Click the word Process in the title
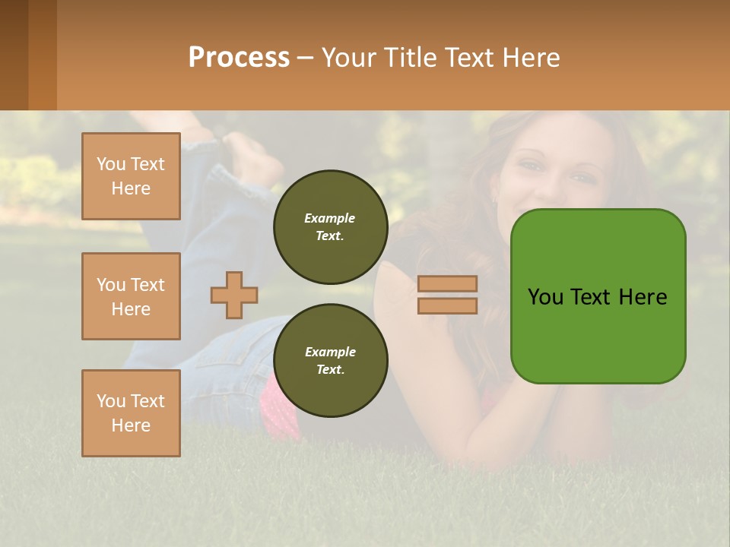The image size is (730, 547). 239,57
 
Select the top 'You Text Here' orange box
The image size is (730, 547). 131,176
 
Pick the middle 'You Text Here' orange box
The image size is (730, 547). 131,296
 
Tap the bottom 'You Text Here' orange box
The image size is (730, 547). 131,413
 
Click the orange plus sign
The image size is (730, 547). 234,295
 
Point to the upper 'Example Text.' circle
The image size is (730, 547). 330,227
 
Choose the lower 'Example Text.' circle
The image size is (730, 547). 330,361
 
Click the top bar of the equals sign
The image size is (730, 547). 447,283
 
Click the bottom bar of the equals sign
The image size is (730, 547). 447,305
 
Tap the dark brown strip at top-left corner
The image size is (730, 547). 14,55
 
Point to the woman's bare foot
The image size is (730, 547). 252,156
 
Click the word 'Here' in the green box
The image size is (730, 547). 643,297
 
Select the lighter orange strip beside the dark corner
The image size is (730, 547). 43,55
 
